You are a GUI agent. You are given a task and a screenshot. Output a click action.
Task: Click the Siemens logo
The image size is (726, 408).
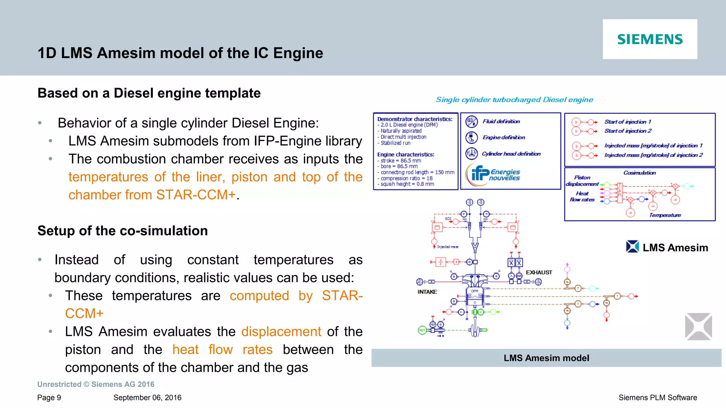point(650,39)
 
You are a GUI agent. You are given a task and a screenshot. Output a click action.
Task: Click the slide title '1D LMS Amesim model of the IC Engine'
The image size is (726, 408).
point(180,53)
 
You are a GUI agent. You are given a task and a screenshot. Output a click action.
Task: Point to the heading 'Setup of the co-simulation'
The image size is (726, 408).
point(122,231)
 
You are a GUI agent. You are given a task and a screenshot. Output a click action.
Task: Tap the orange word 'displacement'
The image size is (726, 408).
point(281,331)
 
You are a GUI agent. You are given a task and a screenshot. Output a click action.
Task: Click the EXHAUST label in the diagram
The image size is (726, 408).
point(539,272)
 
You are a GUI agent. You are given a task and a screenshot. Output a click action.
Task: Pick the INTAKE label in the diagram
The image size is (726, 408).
point(427,292)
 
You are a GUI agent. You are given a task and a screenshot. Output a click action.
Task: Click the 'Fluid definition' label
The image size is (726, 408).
point(501,121)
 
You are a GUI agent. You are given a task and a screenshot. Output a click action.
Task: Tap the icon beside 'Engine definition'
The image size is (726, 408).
point(471,138)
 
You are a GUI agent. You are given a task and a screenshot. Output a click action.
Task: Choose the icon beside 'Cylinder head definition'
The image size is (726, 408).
point(471,153)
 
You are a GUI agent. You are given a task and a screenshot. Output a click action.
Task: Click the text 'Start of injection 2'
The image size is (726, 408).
point(627,131)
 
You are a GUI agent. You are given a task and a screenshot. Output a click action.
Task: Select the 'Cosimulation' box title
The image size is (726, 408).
point(640,173)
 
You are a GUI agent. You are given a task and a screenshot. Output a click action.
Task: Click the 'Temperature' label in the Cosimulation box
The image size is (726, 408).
point(665,215)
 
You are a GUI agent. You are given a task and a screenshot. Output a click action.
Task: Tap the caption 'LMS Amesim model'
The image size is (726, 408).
point(546,358)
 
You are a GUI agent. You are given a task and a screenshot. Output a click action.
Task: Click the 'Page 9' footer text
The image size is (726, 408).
point(49,398)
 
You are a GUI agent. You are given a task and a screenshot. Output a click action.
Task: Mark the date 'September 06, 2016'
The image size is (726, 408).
point(147,398)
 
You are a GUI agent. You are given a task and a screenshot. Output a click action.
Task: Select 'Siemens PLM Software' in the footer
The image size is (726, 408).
point(658,398)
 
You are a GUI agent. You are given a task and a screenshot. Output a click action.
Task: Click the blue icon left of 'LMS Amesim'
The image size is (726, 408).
point(632,247)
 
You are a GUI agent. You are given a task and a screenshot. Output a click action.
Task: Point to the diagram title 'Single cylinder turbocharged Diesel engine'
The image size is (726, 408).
point(514,100)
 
